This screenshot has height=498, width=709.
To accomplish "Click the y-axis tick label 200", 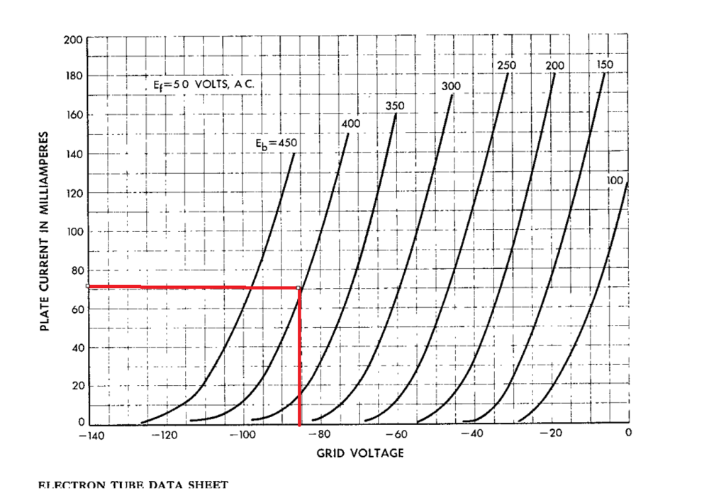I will pos(74,38).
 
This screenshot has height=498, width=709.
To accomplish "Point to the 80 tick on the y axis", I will pos(75,270).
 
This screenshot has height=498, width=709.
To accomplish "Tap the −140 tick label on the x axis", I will pos(90,436).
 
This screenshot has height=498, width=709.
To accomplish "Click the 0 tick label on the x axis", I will pos(628,432).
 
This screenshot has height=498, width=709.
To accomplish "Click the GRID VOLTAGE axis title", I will pos(360,453).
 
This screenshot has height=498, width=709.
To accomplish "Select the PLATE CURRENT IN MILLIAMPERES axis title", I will pos(45,231).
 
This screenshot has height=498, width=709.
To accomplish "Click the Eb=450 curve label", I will pos(277,143).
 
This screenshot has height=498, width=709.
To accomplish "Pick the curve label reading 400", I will pos(350,123).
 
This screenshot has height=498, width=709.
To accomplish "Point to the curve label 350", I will pos(395,106).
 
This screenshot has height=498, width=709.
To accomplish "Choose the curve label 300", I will pos(451,86).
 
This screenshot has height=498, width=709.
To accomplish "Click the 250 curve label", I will pos(506,65).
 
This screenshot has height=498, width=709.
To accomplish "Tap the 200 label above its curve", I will pos(554,65).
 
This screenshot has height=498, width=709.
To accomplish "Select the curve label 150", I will pos(605,65).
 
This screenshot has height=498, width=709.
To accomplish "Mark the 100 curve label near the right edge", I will pos(615,181).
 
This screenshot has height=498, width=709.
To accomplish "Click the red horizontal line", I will pos(191,287).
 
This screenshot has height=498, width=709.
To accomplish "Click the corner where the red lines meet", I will pos(299,287).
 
